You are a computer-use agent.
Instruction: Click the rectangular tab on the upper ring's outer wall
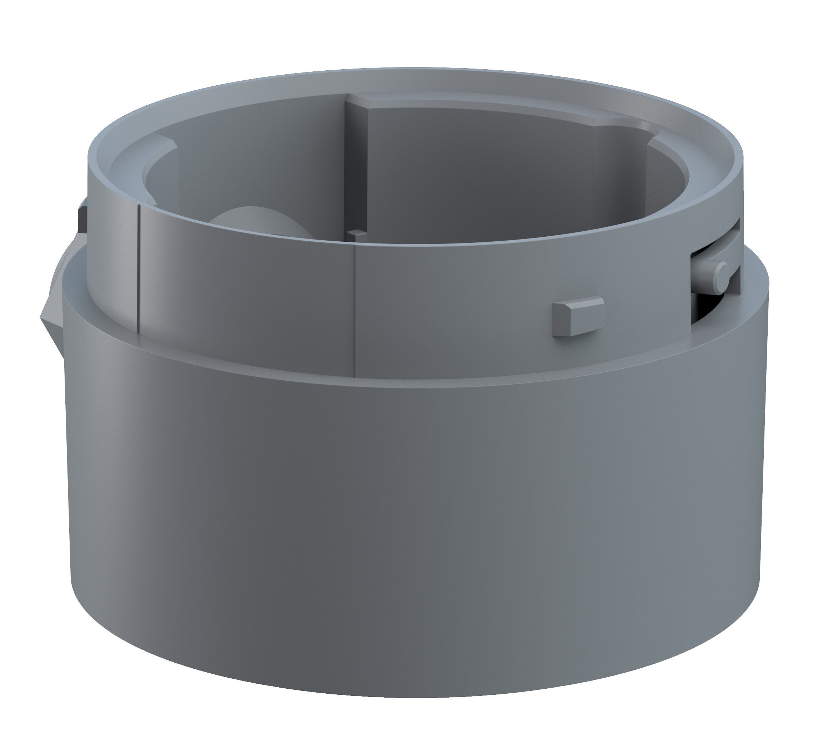[578, 317]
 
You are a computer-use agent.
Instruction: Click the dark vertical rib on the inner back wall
[356, 170]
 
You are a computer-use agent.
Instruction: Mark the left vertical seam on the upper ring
[139, 267]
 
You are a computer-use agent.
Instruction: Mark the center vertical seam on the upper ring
[355, 312]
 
